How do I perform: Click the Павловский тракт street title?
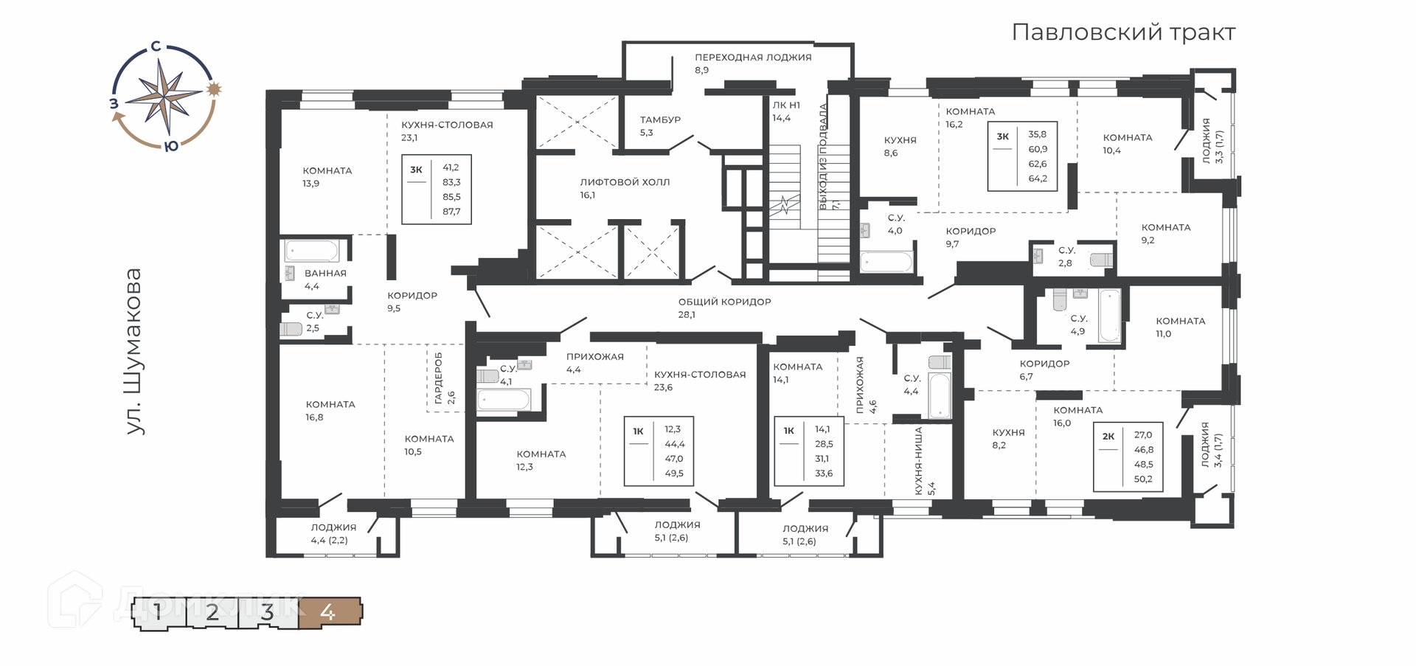pyautogui.click(x=1123, y=32)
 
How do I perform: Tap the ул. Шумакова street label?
pyautogui.click(x=133, y=351)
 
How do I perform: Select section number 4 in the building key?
pyautogui.click(x=328, y=612)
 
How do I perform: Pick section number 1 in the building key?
pyautogui.click(x=158, y=612)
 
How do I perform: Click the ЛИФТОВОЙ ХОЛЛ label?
pyautogui.click(x=625, y=182)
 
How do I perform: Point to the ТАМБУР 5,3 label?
pyautogui.click(x=660, y=126)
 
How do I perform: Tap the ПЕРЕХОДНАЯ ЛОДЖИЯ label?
pyautogui.click(x=753, y=57)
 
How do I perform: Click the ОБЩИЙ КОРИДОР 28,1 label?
pyautogui.click(x=724, y=308)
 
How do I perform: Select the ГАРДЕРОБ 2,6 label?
pyautogui.click(x=444, y=377)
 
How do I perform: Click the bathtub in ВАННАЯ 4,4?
pyautogui.click(x=312, y=251)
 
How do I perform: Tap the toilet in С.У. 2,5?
pyautogui.click(x=291, y=329)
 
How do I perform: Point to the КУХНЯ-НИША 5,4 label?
pyautogui.click(x=925, y=461)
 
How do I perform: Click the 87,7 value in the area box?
pyautogui.click(x=451, y=212)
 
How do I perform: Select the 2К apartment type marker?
pyautogui.click(x=1108, y=436)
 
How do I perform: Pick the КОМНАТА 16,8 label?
pyautogui.click(x=330, y=411)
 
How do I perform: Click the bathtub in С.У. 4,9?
pyautogui.click(x=1109, y=316)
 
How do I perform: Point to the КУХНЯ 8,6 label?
pyautogui.click(x=900, y=146)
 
